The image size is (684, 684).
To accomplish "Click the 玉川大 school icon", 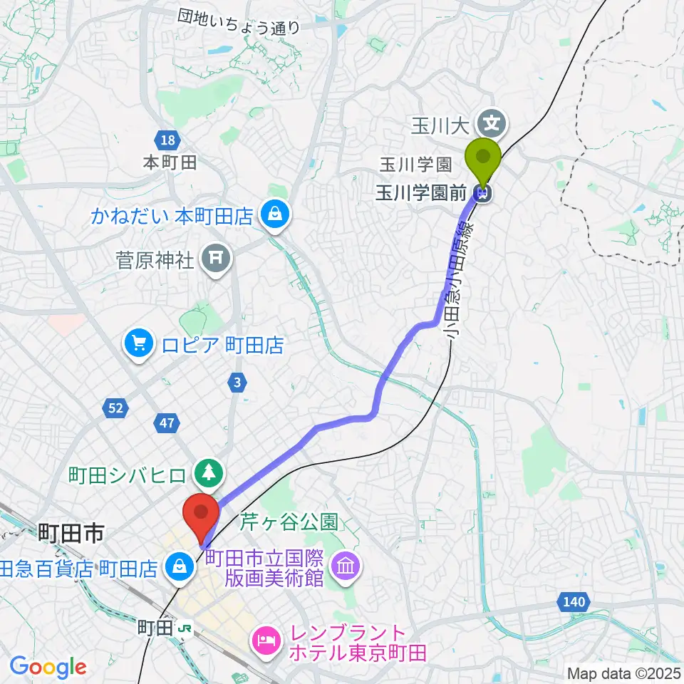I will point(492,123).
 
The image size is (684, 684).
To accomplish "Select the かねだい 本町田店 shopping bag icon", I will point(274,214).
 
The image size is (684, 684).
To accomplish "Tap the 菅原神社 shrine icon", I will point(216,258).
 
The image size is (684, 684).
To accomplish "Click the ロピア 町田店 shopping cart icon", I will point(138,346).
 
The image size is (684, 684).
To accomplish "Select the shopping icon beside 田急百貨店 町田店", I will point(177,568).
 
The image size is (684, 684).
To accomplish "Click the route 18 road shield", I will point(167,140).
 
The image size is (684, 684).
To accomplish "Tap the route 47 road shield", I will point(167,424).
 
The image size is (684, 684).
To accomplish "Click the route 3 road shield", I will point(238,383).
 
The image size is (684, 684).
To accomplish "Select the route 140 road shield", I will point(574,603).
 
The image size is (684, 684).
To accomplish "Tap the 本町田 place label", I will point(170,162).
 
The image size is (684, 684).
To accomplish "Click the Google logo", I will point(48,667).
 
